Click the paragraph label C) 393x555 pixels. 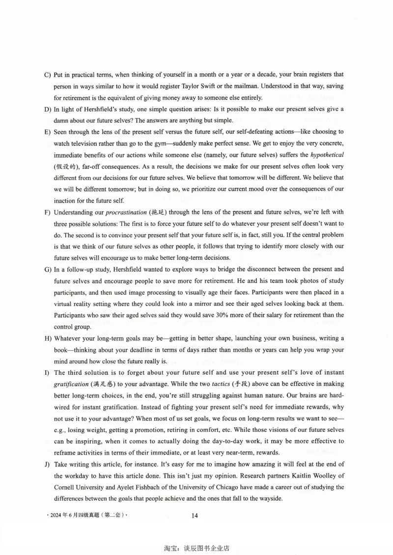point(48,75)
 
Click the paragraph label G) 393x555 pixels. point(48,270)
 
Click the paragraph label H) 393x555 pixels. point(48,338)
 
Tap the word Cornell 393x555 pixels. point(66,487)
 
